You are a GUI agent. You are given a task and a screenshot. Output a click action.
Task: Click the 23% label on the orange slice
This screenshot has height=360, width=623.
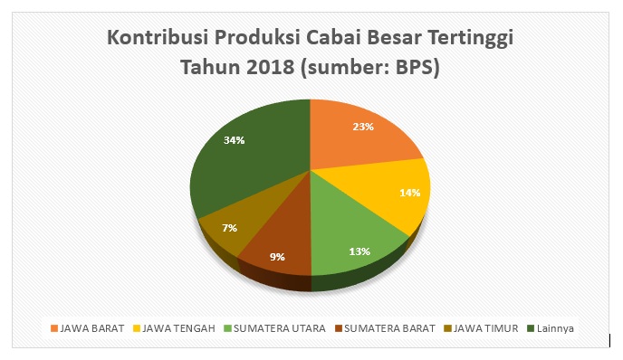[x=363, y=127]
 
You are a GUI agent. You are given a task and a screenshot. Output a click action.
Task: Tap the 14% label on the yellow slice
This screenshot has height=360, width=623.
[x=409, y=193]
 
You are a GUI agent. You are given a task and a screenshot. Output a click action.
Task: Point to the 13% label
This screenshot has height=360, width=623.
[x=359, y=251]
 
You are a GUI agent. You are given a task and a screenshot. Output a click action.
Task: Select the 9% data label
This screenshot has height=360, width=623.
[x=277, y=257]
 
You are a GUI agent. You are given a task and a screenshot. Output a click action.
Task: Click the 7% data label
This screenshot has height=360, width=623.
[x=230, y=228]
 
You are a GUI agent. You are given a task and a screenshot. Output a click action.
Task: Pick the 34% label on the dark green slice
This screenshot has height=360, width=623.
[x=234, y=140]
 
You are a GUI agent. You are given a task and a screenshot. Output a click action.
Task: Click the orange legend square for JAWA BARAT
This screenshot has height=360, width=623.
[x=54, y=328]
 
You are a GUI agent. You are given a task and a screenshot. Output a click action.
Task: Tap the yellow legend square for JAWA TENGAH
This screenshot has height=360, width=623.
[x=137, y=328]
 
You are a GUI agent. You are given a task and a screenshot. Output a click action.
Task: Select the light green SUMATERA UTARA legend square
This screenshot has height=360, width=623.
[x=227, y=328]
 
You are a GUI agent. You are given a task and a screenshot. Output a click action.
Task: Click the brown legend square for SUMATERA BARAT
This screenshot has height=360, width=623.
[x=339, y=328]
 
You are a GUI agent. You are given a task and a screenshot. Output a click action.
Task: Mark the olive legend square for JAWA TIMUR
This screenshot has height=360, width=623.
[x=447, y=328]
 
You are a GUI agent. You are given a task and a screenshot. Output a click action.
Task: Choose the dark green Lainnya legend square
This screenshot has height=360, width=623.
[x=531, y=328]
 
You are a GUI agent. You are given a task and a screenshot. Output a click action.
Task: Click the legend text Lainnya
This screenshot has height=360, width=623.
[x=555, y=328]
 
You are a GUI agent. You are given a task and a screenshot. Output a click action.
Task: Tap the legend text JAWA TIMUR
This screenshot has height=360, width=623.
[x=486, y=328]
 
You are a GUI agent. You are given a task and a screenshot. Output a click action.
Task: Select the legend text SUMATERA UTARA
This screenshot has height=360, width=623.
[x=279, y=328]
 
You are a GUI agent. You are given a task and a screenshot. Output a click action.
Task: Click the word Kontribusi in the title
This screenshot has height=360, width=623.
[x=158, y=38]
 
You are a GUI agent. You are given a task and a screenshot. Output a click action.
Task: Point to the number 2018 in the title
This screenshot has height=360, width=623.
[x=270, y=67]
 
